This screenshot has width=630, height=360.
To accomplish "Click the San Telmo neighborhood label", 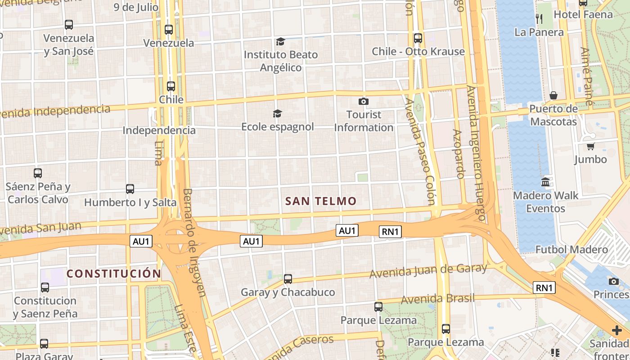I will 321,201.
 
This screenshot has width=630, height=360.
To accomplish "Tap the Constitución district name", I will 114,274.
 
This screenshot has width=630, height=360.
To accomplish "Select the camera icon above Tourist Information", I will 364,102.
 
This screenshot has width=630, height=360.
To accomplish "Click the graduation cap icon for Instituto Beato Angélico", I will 280,42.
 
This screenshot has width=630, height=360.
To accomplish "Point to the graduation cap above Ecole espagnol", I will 277,113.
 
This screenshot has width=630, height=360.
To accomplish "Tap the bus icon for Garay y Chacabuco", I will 288,279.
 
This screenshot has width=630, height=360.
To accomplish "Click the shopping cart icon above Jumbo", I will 590,146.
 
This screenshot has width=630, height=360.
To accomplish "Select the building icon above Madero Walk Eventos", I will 545,182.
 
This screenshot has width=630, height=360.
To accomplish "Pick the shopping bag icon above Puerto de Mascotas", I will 553,95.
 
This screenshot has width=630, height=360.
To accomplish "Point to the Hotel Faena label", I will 583,14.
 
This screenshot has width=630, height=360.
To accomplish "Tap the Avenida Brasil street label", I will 437,299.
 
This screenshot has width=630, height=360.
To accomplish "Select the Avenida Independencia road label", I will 55,111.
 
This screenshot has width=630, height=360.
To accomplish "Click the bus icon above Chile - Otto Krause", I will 418,38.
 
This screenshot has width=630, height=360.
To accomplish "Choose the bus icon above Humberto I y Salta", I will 130,189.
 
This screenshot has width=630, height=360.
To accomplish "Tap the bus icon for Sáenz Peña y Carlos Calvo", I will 38,173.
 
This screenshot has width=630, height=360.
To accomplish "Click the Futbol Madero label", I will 571,249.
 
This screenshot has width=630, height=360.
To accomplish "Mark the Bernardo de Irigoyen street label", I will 194,243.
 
